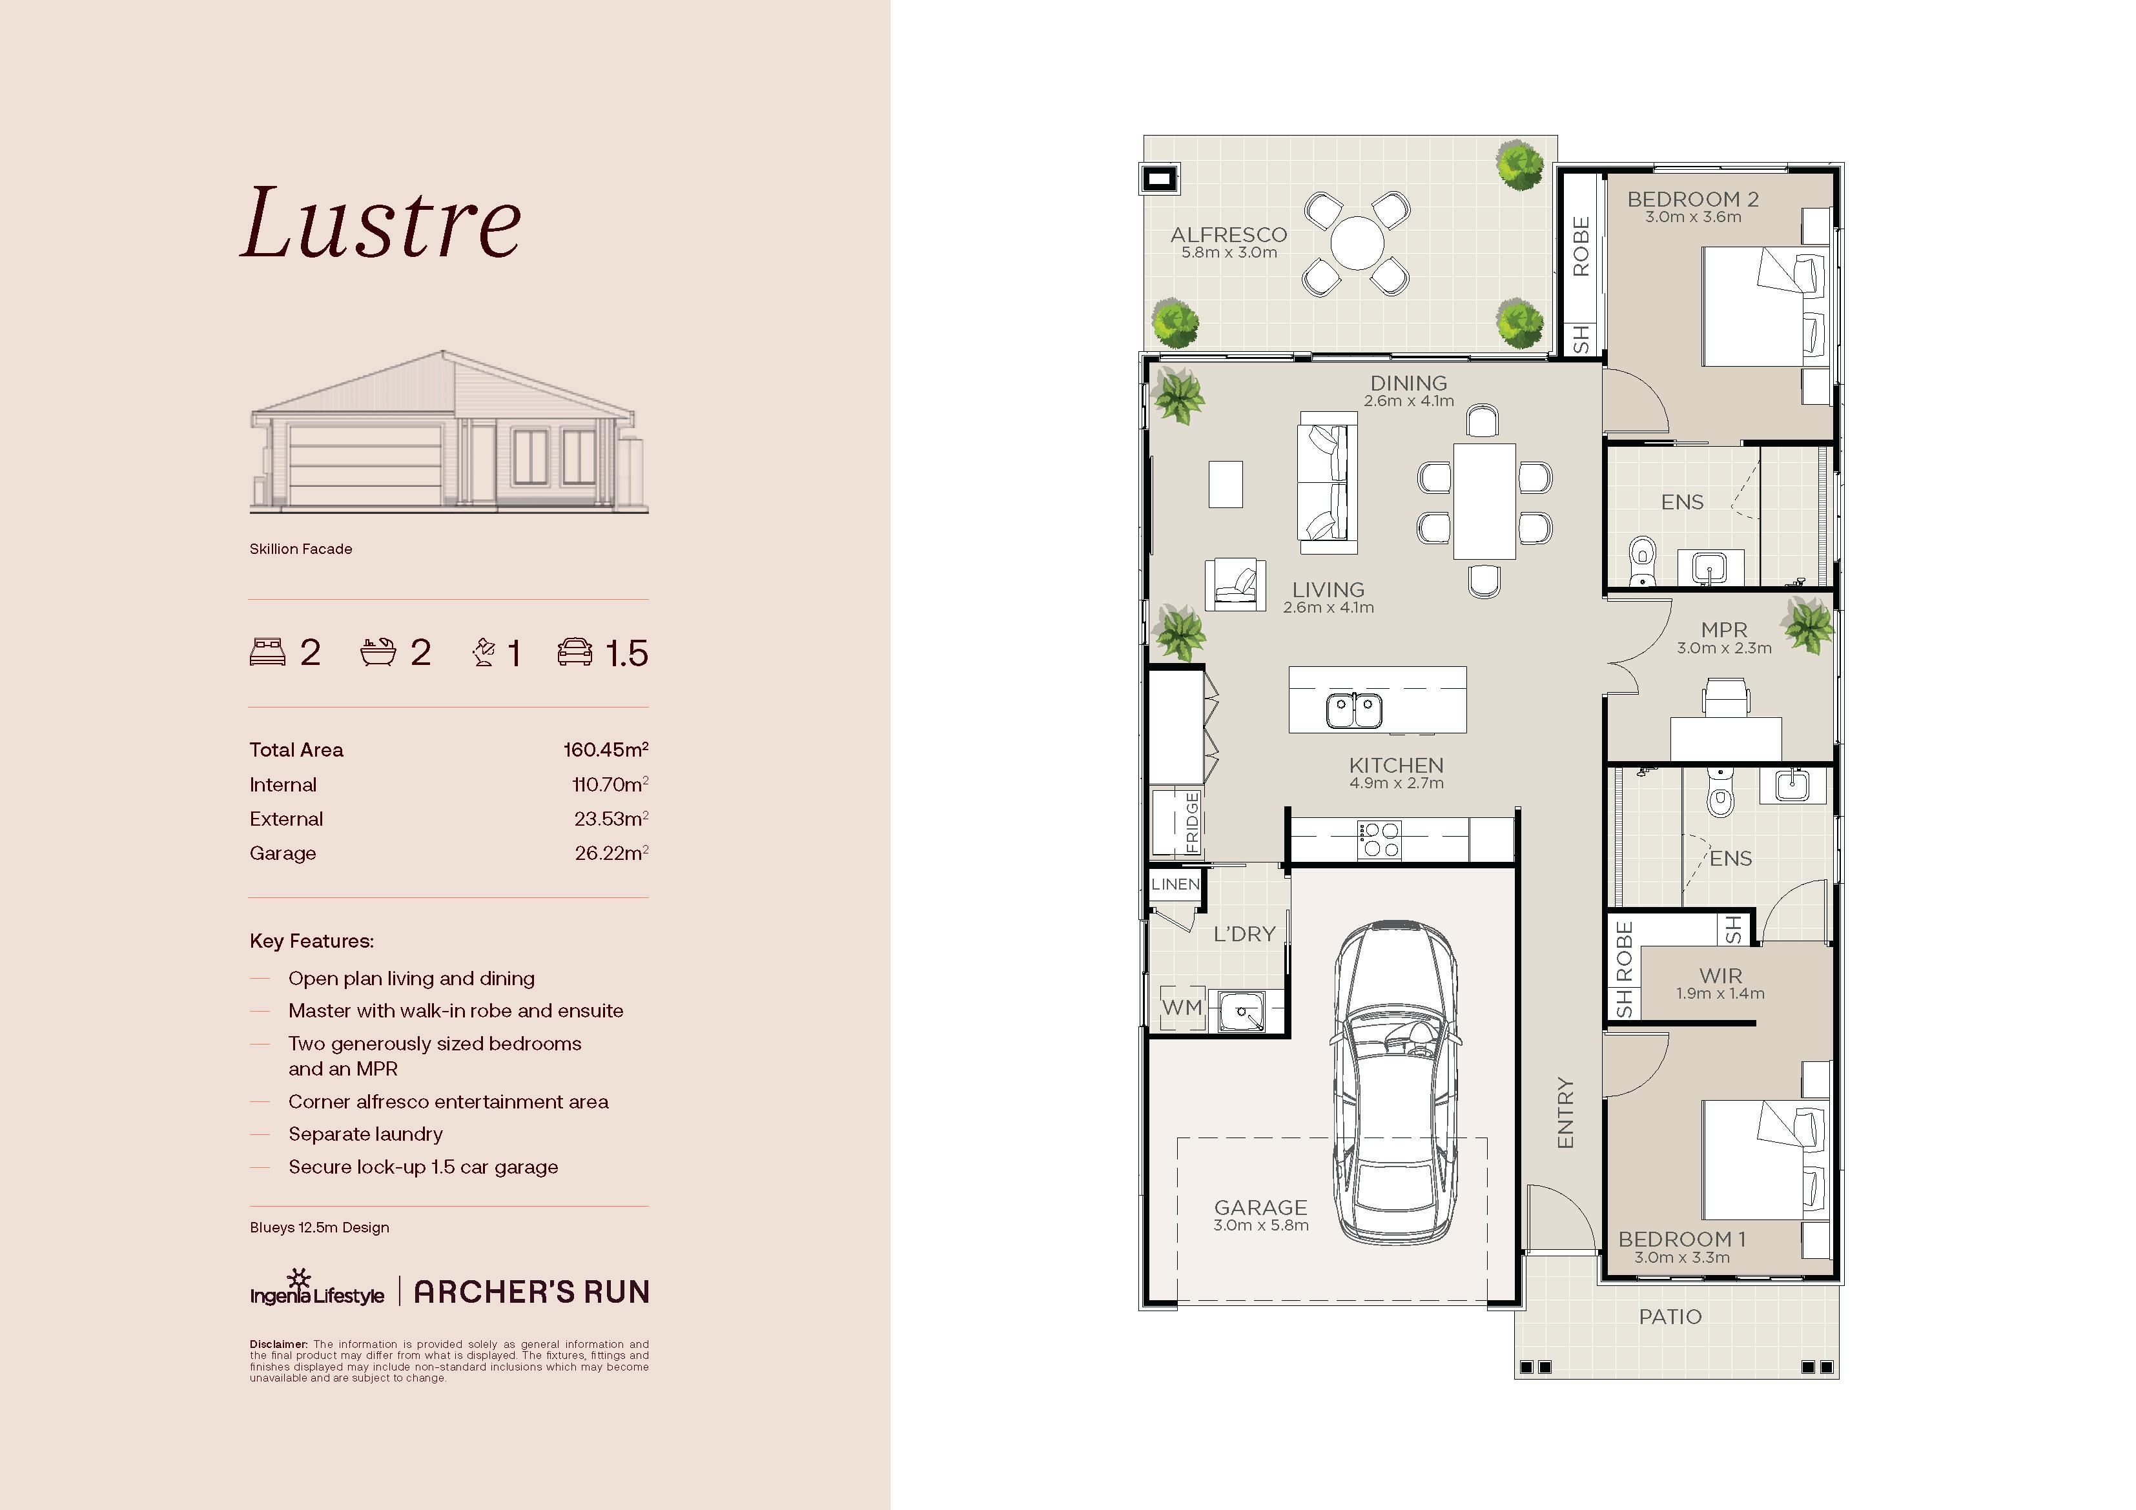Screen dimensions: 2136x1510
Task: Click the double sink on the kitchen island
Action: click(1353, 711)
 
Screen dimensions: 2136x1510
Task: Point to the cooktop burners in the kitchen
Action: click(1379, 839)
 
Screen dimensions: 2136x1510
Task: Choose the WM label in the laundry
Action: click(1182, 1006)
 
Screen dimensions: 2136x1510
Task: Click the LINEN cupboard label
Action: click(1175, 884)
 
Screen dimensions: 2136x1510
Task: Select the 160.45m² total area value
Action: click(606, 749)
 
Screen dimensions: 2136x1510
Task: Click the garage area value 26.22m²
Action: click(611, 853)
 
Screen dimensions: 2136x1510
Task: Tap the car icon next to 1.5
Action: click(575, 652)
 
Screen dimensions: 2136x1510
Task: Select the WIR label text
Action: click(1720, 976)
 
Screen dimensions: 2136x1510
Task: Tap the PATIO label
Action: click(1670, 1316)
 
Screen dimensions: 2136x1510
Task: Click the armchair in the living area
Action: click(1235, 584)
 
